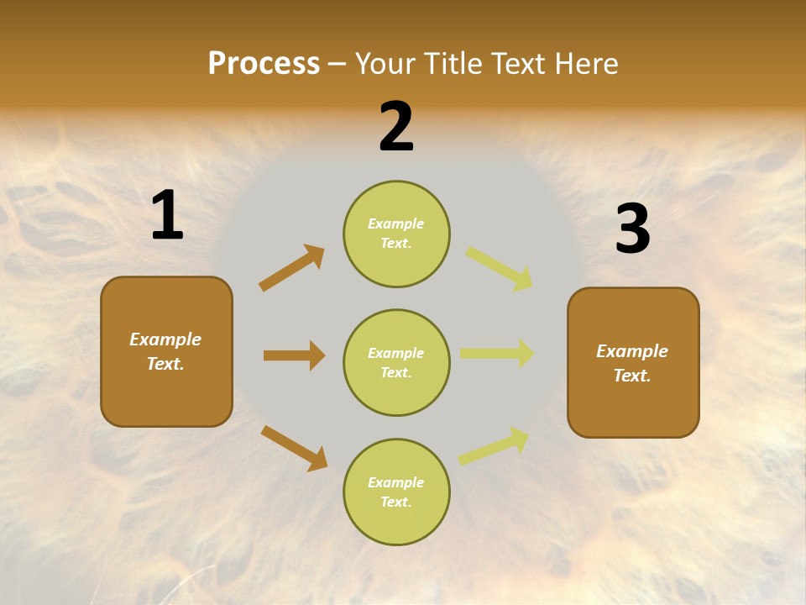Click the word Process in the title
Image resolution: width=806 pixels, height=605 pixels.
click(x=264, y=64)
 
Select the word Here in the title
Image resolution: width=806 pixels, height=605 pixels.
click(x=586, y=63)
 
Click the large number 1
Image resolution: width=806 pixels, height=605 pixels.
click(x=168, y=214)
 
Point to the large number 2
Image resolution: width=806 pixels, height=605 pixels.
click(x=396, y=126)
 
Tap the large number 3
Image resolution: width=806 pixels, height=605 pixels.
click(x=633, y=228)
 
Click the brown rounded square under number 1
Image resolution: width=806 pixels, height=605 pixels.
click(x=166, y=352)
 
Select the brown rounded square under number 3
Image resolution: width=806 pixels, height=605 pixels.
click(x=633, y=363)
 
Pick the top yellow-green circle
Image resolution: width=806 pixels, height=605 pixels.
click(x=397, y=234)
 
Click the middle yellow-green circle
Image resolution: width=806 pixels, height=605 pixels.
click(x=397, y=363)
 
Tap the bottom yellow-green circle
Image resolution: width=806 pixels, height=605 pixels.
click(x=397, y=492)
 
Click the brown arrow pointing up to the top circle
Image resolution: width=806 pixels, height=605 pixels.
click(x=291, y=267)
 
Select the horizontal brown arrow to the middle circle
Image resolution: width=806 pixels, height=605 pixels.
click(x=295, y=355)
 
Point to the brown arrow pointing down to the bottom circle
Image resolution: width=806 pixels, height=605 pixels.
click(x=295, y=448)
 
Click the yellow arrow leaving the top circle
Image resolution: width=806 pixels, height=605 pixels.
click(x=499, y=269)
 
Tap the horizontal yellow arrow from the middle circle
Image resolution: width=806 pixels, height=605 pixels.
click(x=497, y=353)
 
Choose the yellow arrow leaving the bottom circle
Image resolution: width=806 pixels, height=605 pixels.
click(x=494, y=446)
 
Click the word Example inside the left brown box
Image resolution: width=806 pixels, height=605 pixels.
click(x=165, y=340)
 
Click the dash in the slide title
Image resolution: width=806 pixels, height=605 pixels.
click(x=338, y=66)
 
